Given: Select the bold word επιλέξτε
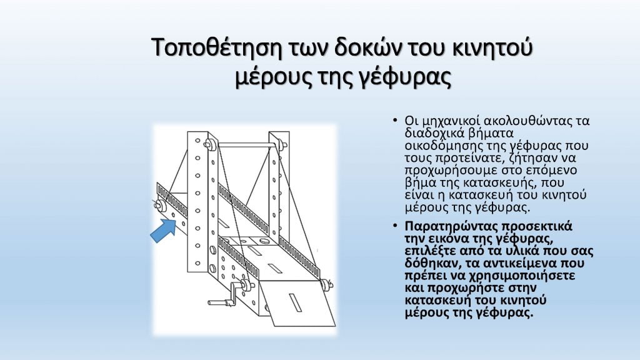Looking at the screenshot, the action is (x=425, y=251).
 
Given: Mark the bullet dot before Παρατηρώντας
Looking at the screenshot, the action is (x=395, y=226).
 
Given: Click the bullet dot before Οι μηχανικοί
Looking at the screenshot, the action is (x=395, y=121).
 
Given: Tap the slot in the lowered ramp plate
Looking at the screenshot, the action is (x=296, y=302).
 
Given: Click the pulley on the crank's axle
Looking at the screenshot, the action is (x=246, y=284).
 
